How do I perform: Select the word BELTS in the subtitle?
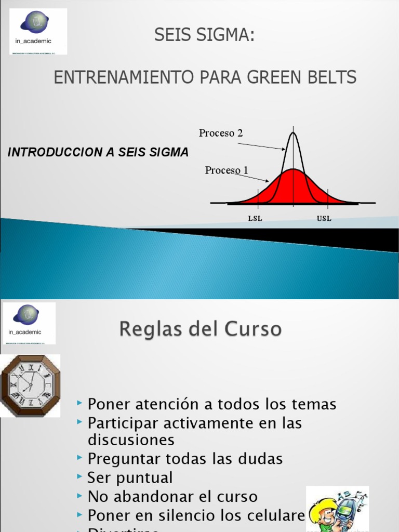pos(334,77)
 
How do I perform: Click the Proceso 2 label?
pos(221,133)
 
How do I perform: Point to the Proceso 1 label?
pos(227,170)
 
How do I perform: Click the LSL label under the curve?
pos(255,219)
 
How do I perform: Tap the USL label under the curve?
pos(324,219)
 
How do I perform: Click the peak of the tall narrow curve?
pos(293,133)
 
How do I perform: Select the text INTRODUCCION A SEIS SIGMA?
pos(98,152)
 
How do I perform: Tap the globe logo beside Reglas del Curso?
pos(26,315)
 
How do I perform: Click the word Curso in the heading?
pos(254,329)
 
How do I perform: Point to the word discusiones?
pos(131,440)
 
